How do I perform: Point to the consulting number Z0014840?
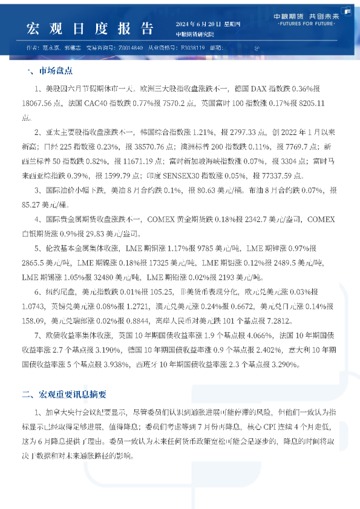(131, 47)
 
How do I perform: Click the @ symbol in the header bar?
(256, 47)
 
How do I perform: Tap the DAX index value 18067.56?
(36, 103)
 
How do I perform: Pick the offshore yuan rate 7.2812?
(283, 320)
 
